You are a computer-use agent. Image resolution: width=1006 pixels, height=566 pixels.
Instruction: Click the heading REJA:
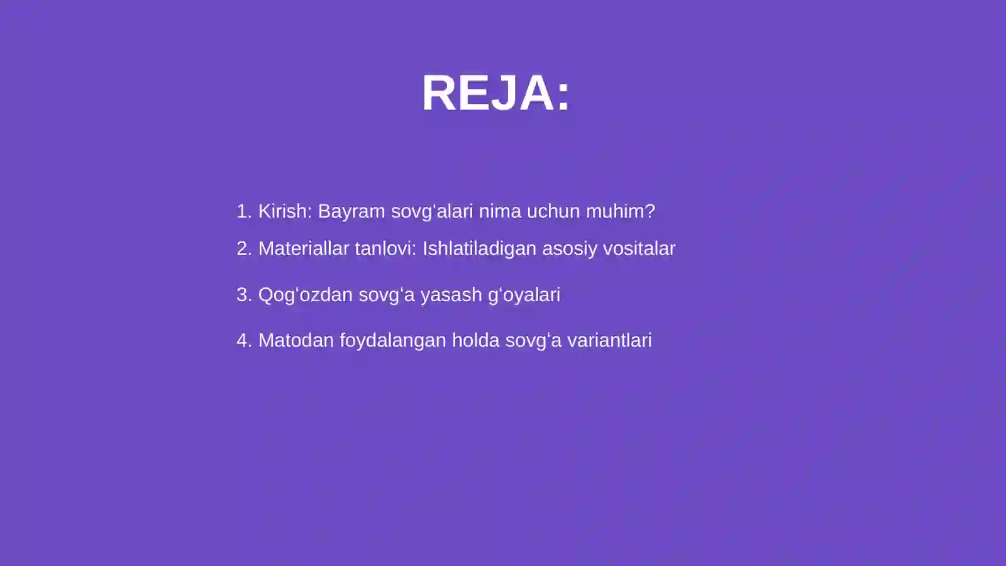tap(495, 93)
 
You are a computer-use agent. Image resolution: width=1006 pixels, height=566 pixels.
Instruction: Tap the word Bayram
tap(351, 211)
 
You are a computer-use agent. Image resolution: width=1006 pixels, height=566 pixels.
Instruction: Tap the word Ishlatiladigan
tap(479, 249)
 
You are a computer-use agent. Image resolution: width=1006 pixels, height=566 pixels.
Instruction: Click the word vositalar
tap(639, 248)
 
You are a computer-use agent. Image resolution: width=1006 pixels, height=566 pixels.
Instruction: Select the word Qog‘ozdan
tap(305, 295)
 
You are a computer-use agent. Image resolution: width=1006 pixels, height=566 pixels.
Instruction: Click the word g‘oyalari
tap(524, 295)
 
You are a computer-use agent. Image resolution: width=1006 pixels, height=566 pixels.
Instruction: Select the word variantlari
tap(609, 340)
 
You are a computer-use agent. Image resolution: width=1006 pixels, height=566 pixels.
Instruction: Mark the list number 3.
tap(243, 295)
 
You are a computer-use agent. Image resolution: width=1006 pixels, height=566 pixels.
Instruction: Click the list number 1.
tap(243, 211)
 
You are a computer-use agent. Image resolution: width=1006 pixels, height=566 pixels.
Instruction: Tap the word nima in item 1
tap(500, 211)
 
